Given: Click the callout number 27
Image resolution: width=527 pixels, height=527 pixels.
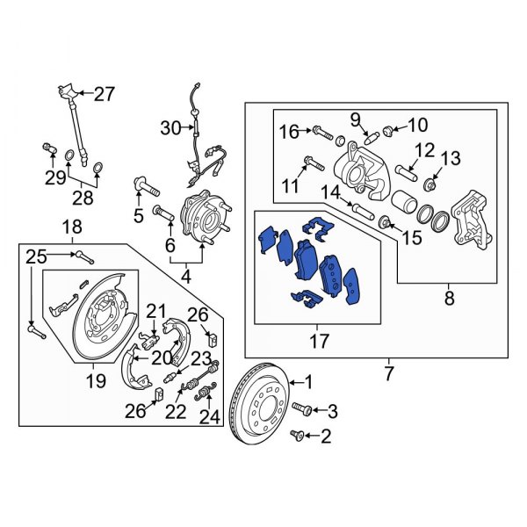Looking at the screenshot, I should coord(105,93).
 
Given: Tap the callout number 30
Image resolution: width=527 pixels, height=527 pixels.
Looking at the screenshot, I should coord(170,128).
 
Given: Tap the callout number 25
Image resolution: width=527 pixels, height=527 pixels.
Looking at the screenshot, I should coord(34,256).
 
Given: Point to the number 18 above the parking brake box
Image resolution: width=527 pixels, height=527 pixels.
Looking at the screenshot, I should coord(71,228).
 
